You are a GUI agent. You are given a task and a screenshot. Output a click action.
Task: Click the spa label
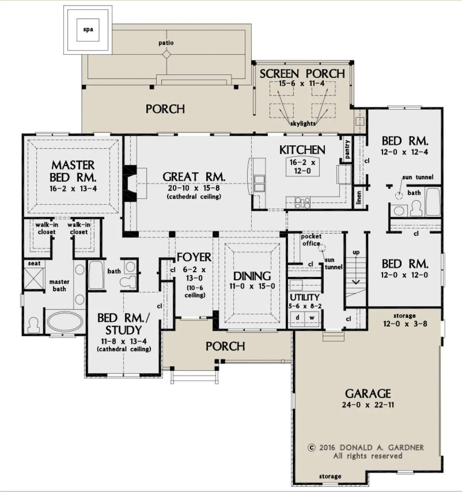point(88,30)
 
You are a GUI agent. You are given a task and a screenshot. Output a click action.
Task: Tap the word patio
point(166,43)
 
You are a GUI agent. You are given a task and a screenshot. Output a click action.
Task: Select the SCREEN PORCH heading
point(302,74)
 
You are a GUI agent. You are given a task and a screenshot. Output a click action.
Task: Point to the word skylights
point(303,123)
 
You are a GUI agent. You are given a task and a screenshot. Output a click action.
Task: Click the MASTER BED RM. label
point(73,172)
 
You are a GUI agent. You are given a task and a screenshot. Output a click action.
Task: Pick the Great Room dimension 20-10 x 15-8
point(194,188)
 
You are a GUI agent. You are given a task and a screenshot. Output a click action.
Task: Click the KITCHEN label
point(302,150)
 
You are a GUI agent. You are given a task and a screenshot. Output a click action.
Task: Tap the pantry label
point(347,149)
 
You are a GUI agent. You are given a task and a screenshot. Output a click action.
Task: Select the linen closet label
point(358,197)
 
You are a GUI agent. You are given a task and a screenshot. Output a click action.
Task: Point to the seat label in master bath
point(34,263)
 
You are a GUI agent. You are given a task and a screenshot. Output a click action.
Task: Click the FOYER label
point(194,257)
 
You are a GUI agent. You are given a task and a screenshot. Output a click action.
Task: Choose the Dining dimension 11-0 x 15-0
point(252,286)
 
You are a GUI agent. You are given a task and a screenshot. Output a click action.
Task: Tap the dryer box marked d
point(297,318)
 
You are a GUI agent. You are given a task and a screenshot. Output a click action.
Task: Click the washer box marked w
point(312,318)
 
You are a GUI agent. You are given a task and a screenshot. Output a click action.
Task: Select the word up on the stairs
point(356,253)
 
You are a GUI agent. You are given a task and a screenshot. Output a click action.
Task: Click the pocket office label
point(311,240)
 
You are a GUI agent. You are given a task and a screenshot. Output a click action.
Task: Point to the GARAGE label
point(368,394)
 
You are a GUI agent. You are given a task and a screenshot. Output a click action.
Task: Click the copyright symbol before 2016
point(311,447)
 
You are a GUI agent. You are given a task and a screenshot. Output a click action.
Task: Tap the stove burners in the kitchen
point(302,203)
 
